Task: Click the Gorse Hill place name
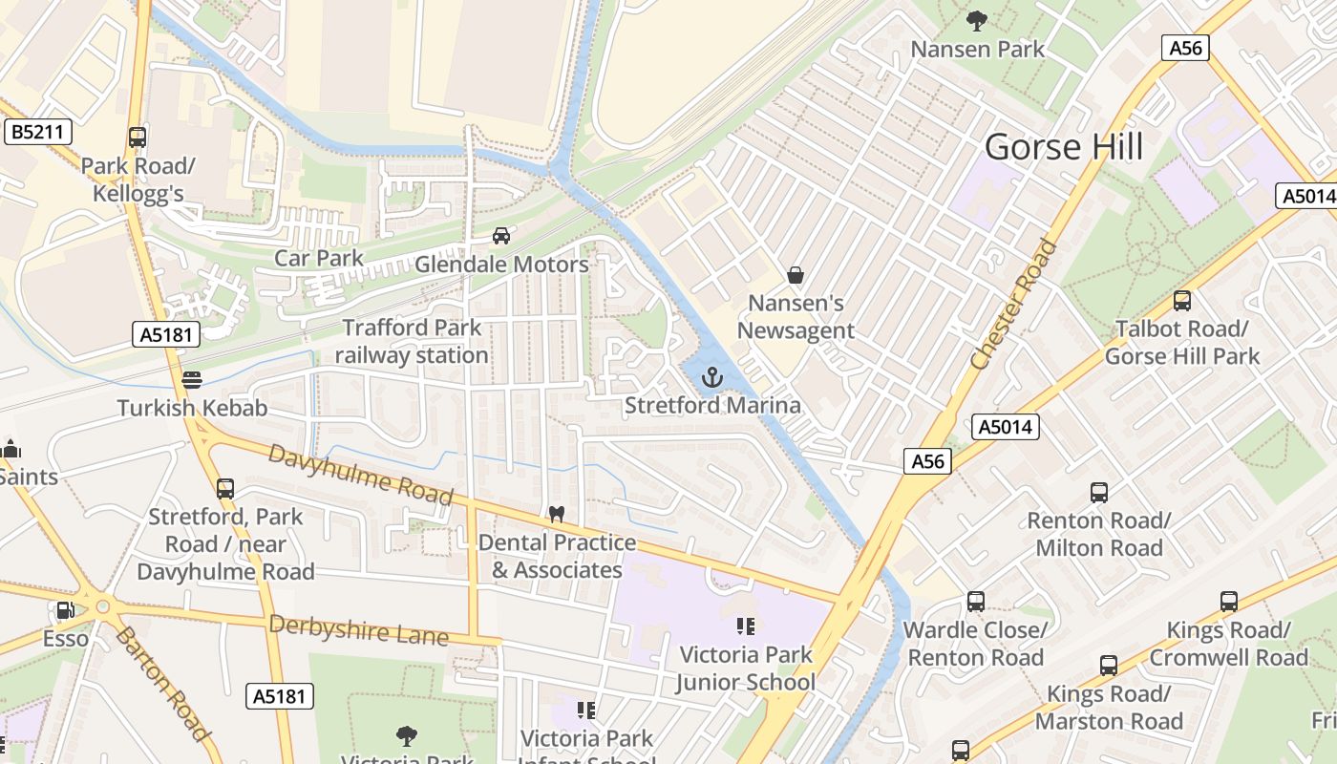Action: (1064, 147)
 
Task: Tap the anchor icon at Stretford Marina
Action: (711, 377)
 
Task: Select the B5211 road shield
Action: (39, 132)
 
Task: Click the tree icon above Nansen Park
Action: (976, 20)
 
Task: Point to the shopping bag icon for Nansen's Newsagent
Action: (795, 276)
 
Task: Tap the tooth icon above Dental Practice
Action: (557, 514)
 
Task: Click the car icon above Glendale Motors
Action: (501, 236)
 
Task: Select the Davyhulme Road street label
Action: (360, 475)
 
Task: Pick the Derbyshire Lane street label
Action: (358, 629)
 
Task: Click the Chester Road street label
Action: (1014, 305)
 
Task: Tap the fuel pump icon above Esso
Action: (65, 610)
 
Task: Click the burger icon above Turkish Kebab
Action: (192, 380)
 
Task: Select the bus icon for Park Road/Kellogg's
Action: (138, 137)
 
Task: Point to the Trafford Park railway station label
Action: (412, 342)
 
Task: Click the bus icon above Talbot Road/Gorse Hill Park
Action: (1182, 301)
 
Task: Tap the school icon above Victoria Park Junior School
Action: (746, 626)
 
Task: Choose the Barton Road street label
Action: (162, 684)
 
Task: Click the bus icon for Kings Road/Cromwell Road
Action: (1228, 602)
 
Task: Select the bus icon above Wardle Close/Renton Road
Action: (975, 602)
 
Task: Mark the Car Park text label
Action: (319, 258)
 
